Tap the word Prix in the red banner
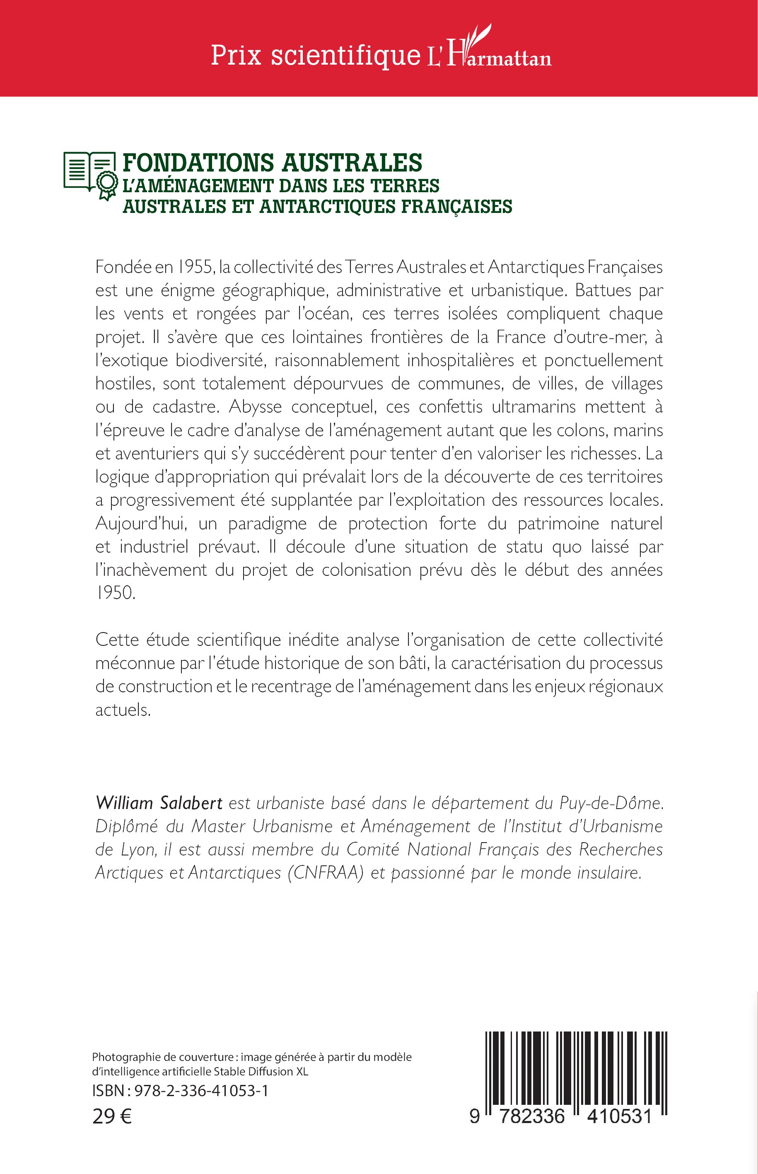pos(236,55)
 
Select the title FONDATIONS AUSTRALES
pos(272,163)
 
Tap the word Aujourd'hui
pos(141,523)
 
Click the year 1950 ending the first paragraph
pos(115,593)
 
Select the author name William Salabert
pos(159,803)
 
